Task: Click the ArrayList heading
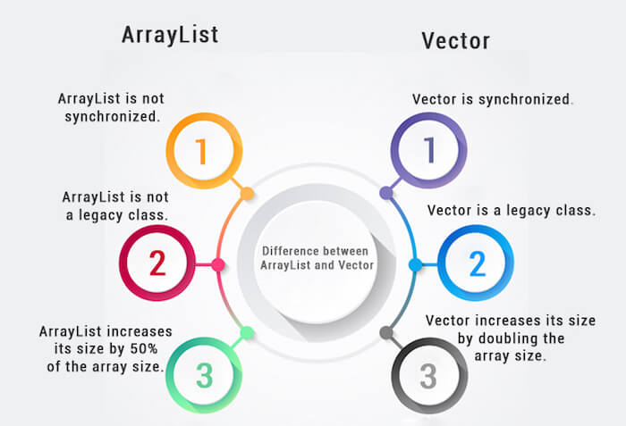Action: tap(170, 34)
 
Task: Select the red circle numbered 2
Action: tap(156, 263)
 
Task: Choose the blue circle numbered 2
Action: tap(477, 263)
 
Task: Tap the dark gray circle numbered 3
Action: tap(428, 375)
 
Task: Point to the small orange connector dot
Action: tap(247, 192)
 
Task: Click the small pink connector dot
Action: tap(217, 264)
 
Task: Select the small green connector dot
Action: tap(247, 333)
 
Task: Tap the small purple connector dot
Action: tap(386, 192)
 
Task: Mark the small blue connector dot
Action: tap(415, 264)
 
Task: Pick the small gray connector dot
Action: tap(386, 332)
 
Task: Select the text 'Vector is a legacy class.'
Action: tap(511, 211)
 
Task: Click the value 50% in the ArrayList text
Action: tap(152, 347)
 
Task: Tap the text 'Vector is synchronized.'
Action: tap(491, 99)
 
